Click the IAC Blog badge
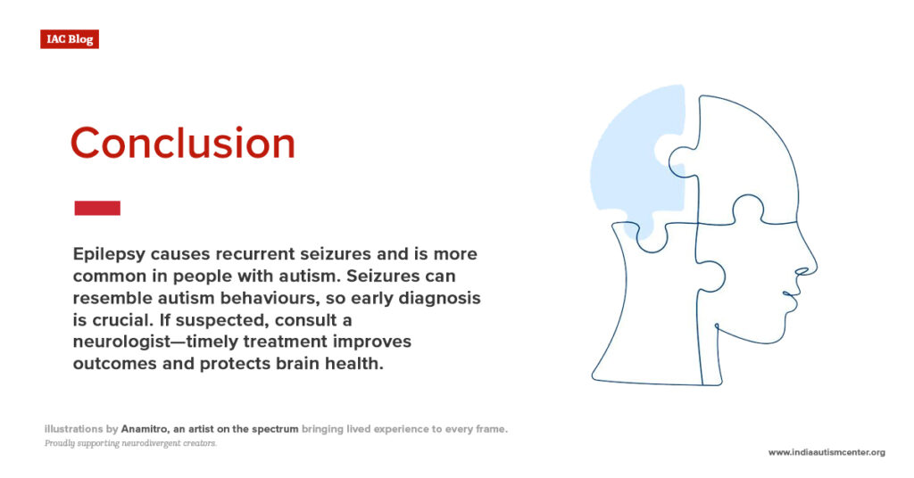coord(70,39)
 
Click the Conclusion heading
coord(183,144)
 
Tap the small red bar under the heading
coord(97,208)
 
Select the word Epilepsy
coord(109,255)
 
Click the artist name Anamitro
coord(145,429)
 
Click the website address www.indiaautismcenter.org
coord(827,452)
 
